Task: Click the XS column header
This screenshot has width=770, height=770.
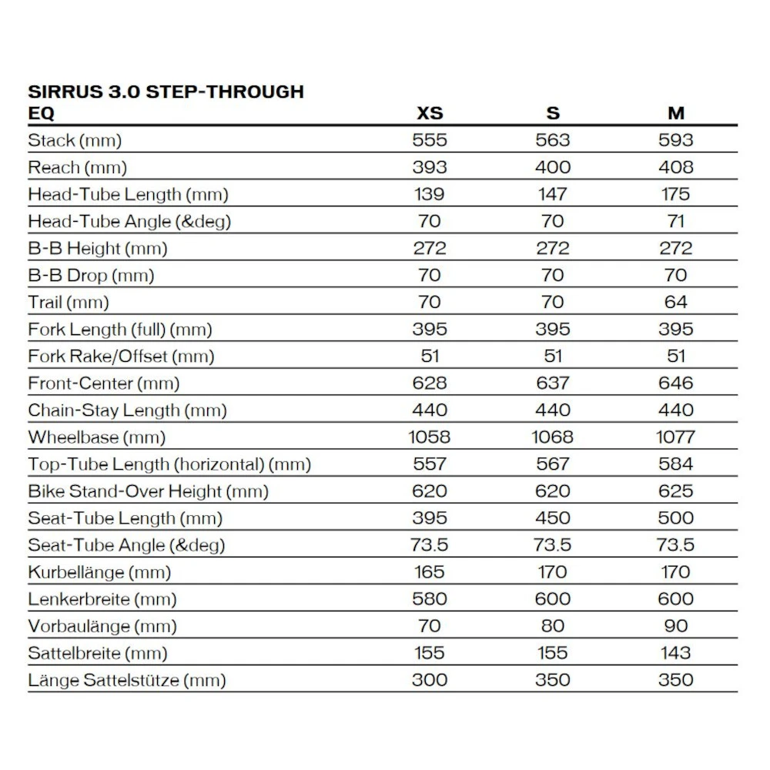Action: pyautogui.click(x=430, y=113)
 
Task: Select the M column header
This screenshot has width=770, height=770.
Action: pyautogui.click(x=675, y=113)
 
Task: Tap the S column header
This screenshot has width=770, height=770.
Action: pyautogui.click(x=553, y=113)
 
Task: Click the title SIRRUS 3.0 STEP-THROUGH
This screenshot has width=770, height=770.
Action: pyautogui.click(x=166, y=92)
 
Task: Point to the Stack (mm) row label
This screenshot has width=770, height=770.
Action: pyautogui.click(x=75, y=140)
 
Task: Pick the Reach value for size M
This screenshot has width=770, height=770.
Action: pyautogui.click(x=675, y=167)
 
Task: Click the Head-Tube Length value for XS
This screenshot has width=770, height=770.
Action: pyautogui.click(x=430, y=194)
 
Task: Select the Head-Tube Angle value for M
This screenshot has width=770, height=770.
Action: pyautogui.click(x=675, y=221)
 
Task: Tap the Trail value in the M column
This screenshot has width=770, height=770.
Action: pyautogui.click(x=675, y=302)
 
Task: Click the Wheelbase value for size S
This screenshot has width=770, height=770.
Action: pyautogui.click(x=553, y=437)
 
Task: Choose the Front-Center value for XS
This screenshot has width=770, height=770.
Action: pyautogui.click(x=430, y=383)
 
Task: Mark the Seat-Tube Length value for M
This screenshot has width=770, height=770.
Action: pyautogui.click(x=675, y=518)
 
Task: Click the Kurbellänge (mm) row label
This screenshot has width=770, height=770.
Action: pyautogui.click(x=99, y=572)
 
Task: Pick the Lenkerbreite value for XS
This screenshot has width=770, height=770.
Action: pyautogui.click(x=430, y=599)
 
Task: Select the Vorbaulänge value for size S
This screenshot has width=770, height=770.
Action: pyautogui.click(x=553, y=626)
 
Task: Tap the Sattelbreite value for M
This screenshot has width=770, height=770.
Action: pyautogui.click(x=675, y=653)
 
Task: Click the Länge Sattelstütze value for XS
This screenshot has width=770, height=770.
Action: pyautogui.click(x=430, y=680)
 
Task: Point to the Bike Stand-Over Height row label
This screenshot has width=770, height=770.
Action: pyautogui.click(x=148, y=491)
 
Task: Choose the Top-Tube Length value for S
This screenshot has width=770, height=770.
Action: pyautogui.click(x=553, y=464)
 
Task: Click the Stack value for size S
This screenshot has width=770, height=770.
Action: pyautogui.click(x=553, y=140)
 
